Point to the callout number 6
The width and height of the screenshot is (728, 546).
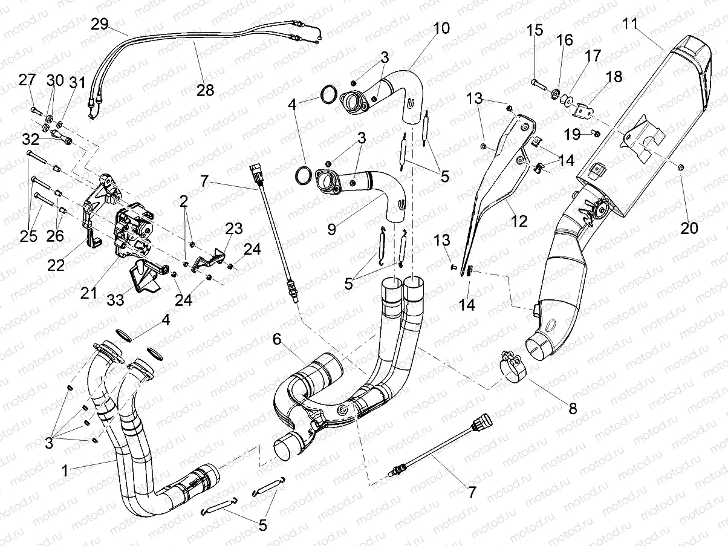277,340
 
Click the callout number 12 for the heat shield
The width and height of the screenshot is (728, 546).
519,221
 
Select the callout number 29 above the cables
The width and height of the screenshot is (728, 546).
100,24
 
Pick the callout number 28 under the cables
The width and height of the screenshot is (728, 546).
205,90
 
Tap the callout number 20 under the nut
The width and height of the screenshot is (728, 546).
689,228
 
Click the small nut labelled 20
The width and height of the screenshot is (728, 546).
681,167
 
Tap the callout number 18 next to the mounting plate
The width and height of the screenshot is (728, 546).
614,77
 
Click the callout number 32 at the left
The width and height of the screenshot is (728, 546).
30,138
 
